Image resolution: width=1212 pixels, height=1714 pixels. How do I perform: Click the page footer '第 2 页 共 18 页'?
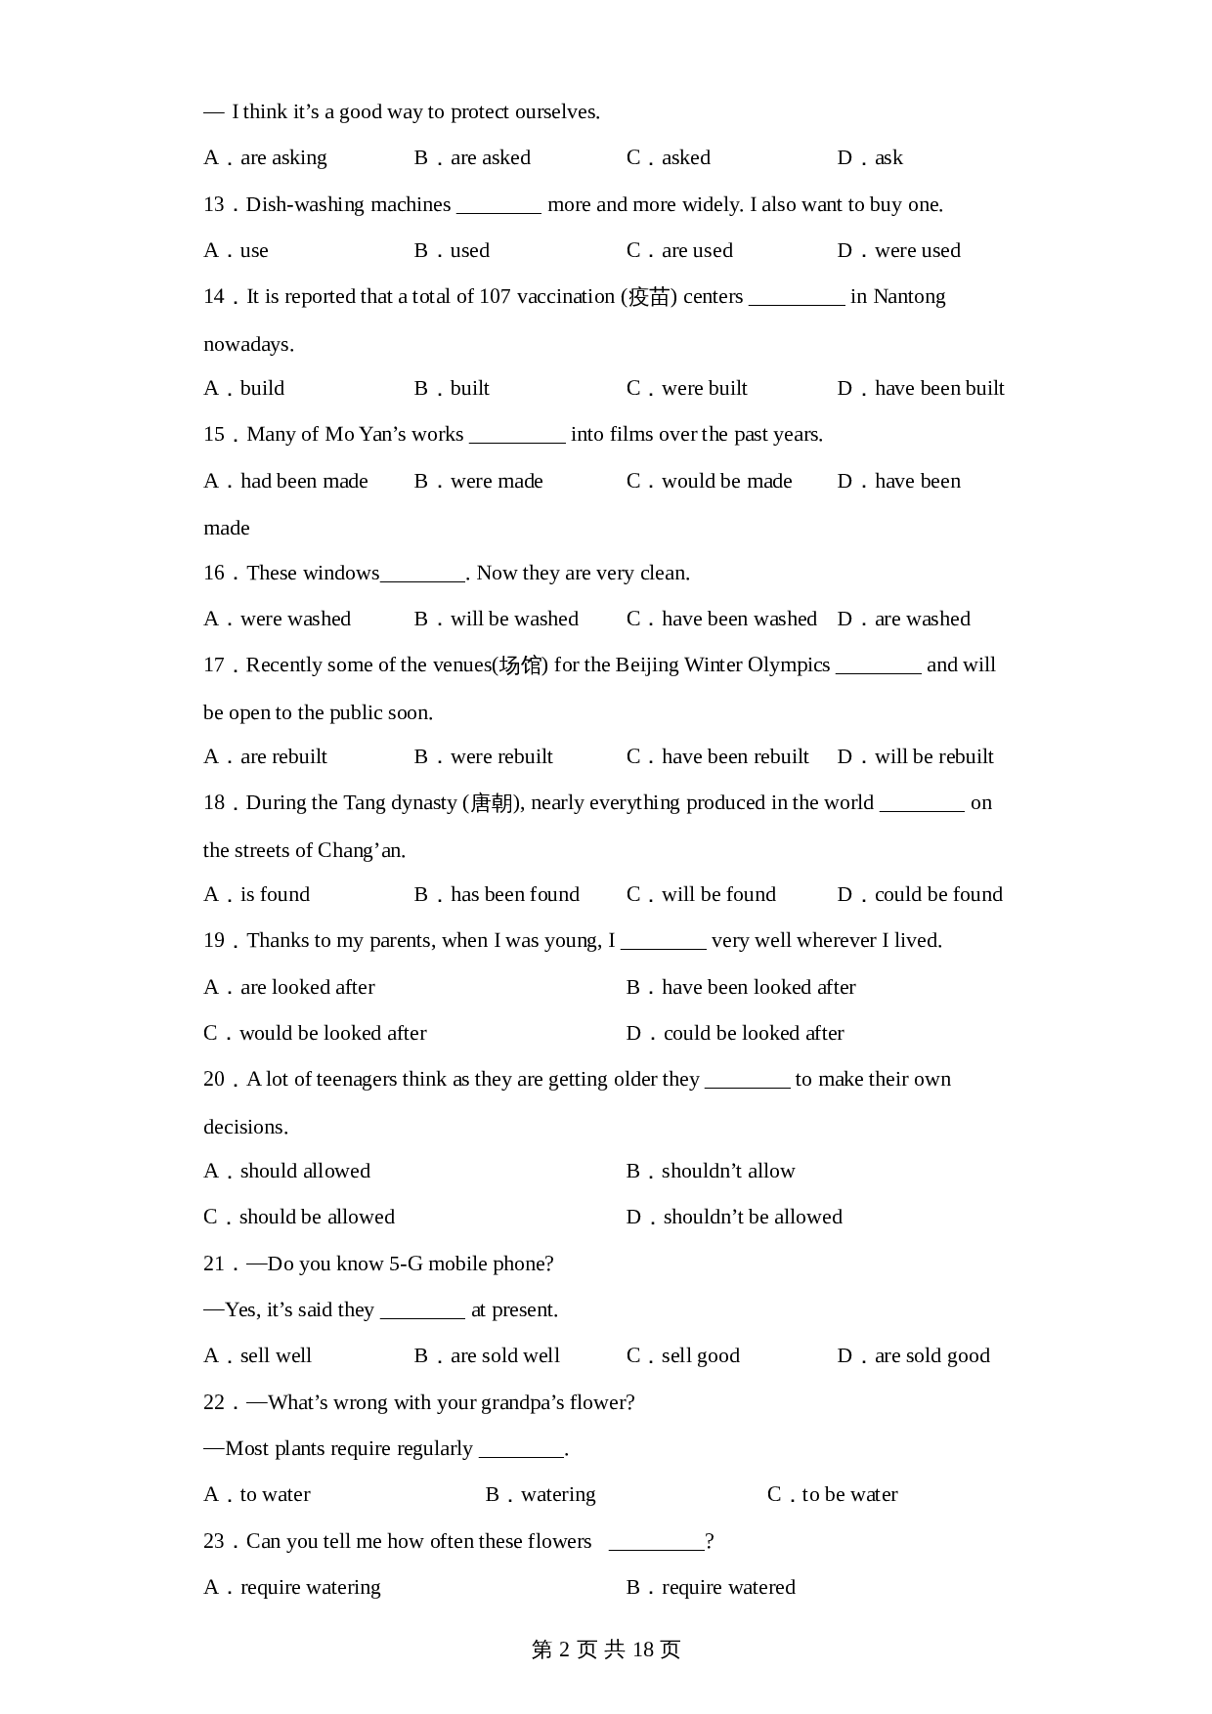(x=605, y=1650)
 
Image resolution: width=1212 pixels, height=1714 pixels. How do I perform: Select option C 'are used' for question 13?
(x=679, y=250)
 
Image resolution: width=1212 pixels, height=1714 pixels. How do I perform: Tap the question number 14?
(x=214, y=296)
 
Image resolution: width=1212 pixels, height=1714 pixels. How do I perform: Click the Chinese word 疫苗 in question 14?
(x=649, y=297)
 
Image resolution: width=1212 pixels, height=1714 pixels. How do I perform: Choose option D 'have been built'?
(x=921, y=388)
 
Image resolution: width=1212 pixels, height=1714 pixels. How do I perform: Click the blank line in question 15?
(x=517, y=437)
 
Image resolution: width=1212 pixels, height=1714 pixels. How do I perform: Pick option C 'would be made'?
(x=710, y=481)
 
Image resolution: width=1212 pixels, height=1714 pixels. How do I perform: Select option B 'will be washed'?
(x=497, y=619)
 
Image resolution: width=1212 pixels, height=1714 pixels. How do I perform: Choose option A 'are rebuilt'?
(x=266, y=756)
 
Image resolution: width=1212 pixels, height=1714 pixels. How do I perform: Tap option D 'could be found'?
(x=920, y=894)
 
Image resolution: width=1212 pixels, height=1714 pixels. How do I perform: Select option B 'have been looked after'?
(x=741, y=987)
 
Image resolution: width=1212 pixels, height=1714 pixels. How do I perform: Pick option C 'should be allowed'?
(x=299, y=1217)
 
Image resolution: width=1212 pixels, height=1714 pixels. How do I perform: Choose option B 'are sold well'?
(x=487, y=1355)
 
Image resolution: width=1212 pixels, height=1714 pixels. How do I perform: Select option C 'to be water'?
(x=833, y=1494)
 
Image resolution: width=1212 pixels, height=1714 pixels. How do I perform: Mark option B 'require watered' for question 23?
(x=711, y=1587)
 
